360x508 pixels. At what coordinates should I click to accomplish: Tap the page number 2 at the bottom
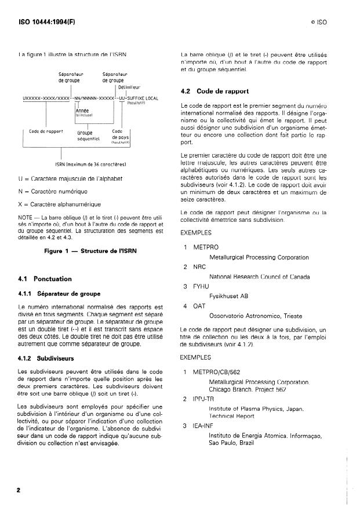(x=19, y=489)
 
